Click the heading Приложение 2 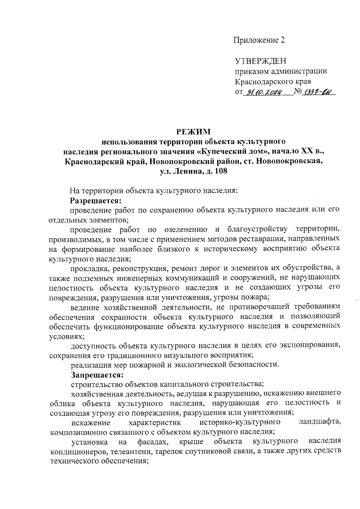(259, 40)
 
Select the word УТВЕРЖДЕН (260, 61)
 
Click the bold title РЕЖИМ (193, 132)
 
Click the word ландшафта (320, 423)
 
